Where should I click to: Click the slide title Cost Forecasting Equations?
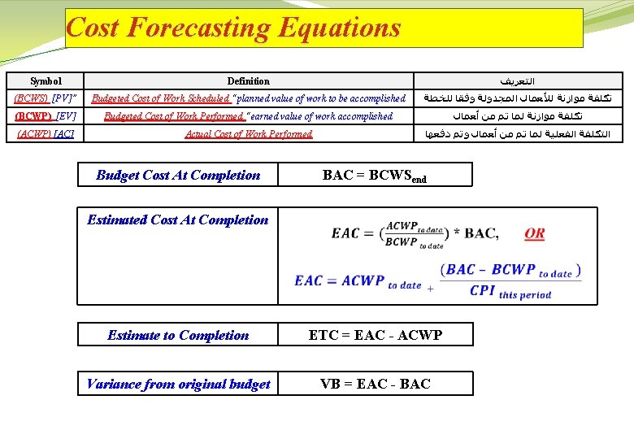tap(233, 28)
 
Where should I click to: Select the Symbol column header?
tap(46, 81)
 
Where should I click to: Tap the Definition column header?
tap(248, 81)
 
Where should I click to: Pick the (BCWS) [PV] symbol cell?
tap(46, 98)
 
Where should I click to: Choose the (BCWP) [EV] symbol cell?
tap(46, 116)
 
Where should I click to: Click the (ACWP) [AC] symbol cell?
tap(46, 134)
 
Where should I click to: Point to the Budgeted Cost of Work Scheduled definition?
tap(248, 98)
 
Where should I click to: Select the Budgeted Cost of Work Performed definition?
tap(248, 116)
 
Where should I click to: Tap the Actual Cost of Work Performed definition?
tap(248, 134)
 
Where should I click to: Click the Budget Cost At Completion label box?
tap(178, 175)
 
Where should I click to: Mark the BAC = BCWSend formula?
tap(374, 176)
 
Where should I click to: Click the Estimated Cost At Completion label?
tap(177, 219)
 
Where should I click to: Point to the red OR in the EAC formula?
tap(535, 233)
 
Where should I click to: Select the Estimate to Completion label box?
tap(178, 335)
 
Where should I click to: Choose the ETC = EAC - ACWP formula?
tap(375, 335)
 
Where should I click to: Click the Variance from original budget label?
tap(178, 384)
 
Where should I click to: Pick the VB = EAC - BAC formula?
tap(375, 384)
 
